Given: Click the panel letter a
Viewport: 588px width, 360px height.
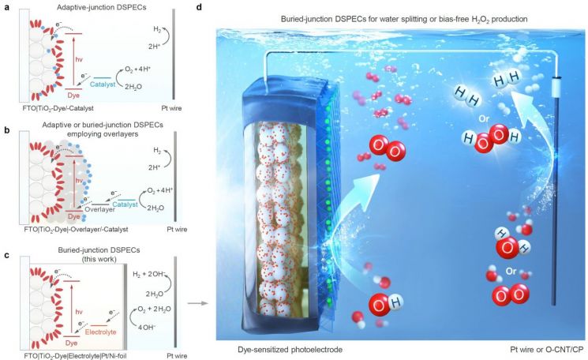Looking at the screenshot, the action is coord(6,7).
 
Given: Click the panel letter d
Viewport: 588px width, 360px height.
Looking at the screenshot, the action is coord(199,7).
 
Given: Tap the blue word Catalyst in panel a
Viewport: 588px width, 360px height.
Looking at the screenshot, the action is coord(103,84).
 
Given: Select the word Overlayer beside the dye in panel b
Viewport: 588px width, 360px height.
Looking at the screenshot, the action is coord(99,209).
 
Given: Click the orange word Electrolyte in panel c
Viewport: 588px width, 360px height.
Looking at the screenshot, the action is coord(100,332).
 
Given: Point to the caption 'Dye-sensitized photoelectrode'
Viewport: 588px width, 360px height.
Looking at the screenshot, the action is coord(290,350).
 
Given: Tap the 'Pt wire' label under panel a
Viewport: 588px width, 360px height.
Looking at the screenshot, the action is coord(171,108).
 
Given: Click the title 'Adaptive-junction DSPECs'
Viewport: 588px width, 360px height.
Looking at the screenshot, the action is coord(101,7).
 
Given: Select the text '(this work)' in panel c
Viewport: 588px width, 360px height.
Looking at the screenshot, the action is coord(99,259).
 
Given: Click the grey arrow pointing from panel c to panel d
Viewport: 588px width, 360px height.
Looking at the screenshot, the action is coord(197,303).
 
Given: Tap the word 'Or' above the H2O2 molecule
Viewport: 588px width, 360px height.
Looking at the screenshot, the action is coord(484,119).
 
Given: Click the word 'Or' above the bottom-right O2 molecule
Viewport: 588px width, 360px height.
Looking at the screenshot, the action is coord(511,271).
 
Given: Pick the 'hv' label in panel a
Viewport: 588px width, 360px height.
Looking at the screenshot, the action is coord(79,60).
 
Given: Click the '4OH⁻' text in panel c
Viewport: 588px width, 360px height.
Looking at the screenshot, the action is coord(147,327).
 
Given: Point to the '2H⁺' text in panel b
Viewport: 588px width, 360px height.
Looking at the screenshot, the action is coord(154,167).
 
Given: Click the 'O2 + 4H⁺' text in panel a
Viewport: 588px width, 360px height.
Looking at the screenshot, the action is coord(137,69).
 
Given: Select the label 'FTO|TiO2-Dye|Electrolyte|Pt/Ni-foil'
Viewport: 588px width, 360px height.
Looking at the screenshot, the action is coord(76,355).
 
